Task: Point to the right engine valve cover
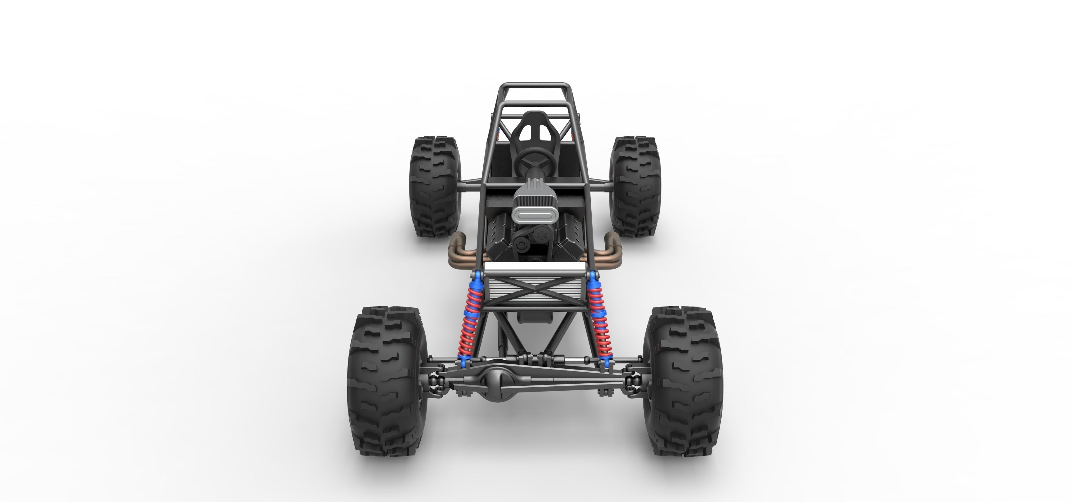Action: [570, 239]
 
